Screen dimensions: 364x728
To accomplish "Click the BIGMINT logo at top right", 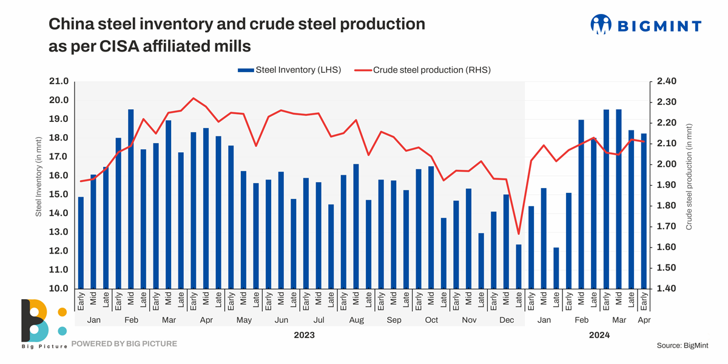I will coord(645,25).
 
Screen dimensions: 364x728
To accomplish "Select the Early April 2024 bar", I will coord(644,211).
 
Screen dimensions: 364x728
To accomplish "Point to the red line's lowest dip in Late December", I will coord(519,234).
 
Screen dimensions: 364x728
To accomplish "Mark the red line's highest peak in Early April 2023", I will coord(194,98).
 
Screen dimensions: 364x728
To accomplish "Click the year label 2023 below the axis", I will coord(304,334).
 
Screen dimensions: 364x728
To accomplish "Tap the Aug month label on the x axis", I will coord(356,319).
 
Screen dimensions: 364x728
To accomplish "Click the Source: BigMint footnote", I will coord(683,345).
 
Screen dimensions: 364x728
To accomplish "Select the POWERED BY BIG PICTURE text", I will coord(124,344).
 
